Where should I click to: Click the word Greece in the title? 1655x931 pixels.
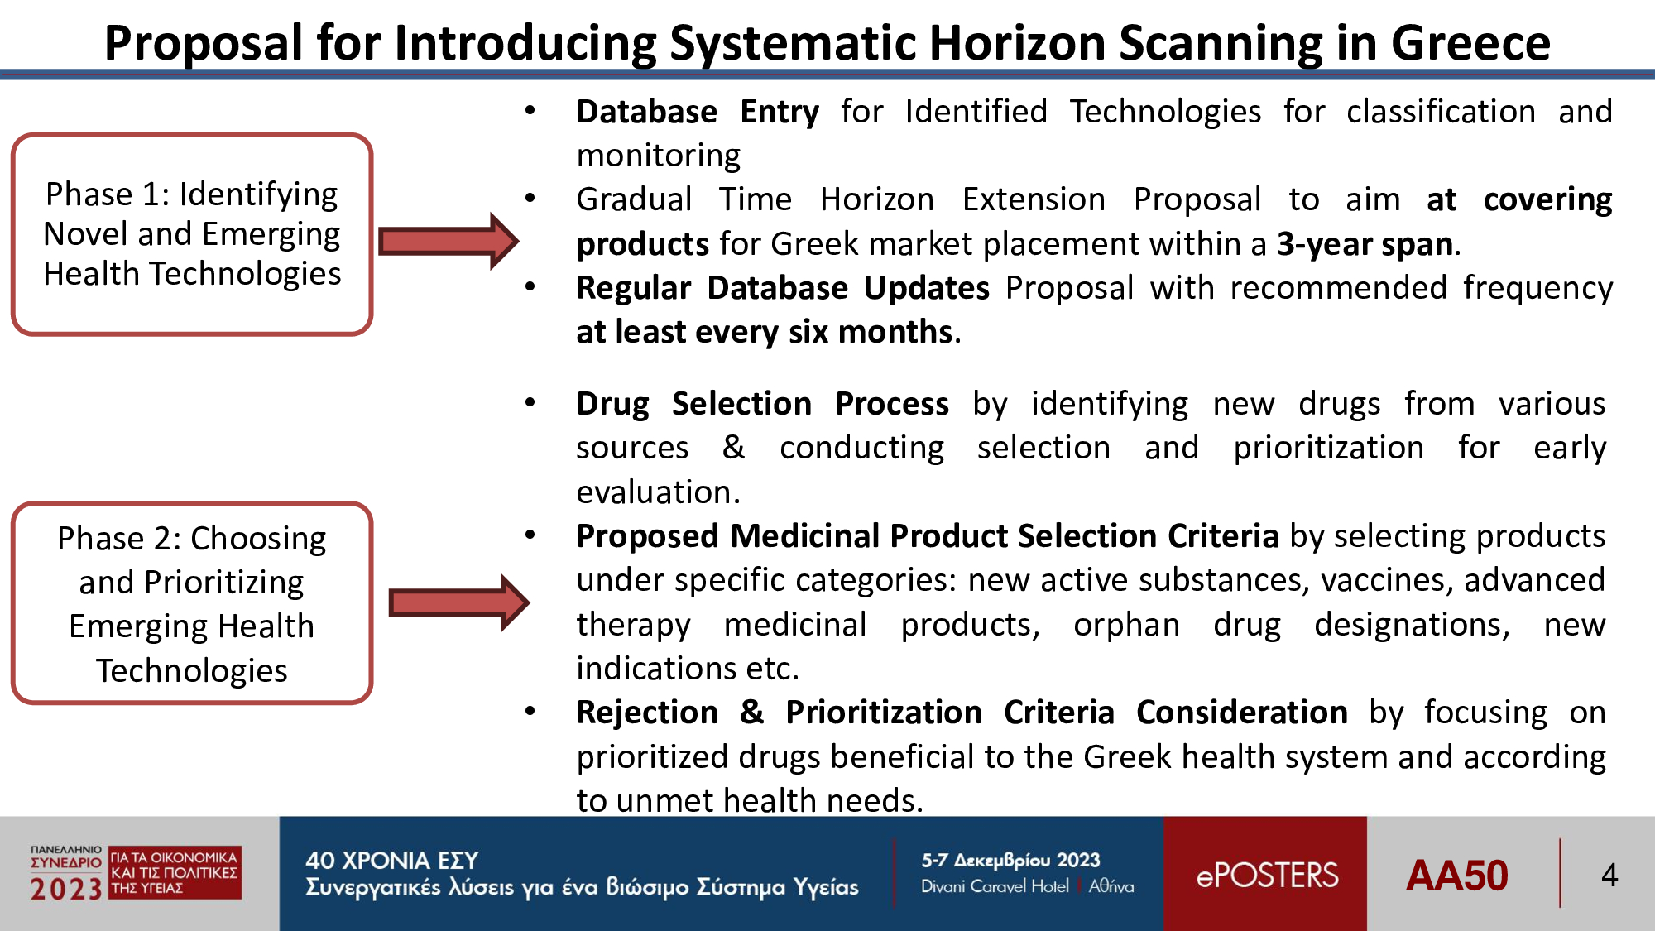[x=1470, y=43]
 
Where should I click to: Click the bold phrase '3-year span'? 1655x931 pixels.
[x=1365, y=244]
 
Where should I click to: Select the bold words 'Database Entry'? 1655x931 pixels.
[x=698, y=112]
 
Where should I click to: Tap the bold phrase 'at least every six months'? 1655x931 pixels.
[x=765, y=332]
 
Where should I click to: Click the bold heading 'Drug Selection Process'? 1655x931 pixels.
[x=762, y=404]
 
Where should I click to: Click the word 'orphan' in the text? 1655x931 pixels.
[x=1126, y=625]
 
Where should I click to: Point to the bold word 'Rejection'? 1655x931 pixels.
[x=647, y=713]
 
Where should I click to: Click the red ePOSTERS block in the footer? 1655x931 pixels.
[x=1265, y=874]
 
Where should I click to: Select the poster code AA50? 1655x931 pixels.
[x=1456, y=876]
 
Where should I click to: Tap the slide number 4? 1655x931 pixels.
[x=1609, y=875]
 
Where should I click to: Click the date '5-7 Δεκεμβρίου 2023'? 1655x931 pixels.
[x=1010, y=861]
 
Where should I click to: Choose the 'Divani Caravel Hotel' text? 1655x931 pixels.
[x=995, y=886]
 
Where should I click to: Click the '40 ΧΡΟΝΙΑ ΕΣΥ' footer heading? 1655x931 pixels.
[x=392, y=861]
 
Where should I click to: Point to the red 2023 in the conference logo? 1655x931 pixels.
[x=65, y=890]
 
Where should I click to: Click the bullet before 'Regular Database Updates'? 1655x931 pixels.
[x=530, y=287]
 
